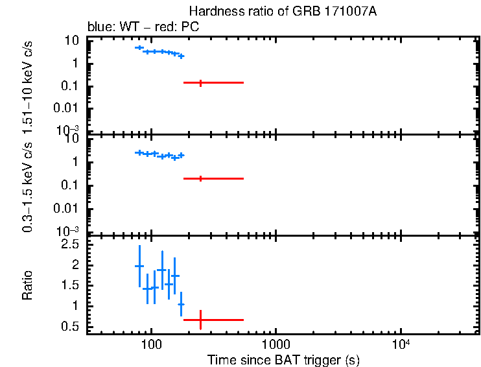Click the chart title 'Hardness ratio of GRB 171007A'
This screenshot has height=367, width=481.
[x=283, y=12]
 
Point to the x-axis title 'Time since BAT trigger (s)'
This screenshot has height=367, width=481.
[x=283, y=359]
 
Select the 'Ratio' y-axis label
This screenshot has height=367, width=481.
[x=27, y=285]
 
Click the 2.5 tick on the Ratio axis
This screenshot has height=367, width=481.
[x=70, y=244]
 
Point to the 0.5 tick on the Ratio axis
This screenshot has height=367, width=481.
[x=70, y=326]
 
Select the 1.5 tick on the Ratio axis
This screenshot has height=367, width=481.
[x=70, y=285]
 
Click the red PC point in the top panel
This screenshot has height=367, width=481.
[x=200, y=82]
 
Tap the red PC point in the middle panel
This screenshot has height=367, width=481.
[x=200, y=178]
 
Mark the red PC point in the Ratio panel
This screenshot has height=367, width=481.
[x=200, y=320]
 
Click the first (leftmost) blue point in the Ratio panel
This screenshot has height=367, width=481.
[x=139, y=266]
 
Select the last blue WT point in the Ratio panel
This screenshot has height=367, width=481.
[x=181, y=304]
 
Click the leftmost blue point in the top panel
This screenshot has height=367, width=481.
[x=139, y=47]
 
